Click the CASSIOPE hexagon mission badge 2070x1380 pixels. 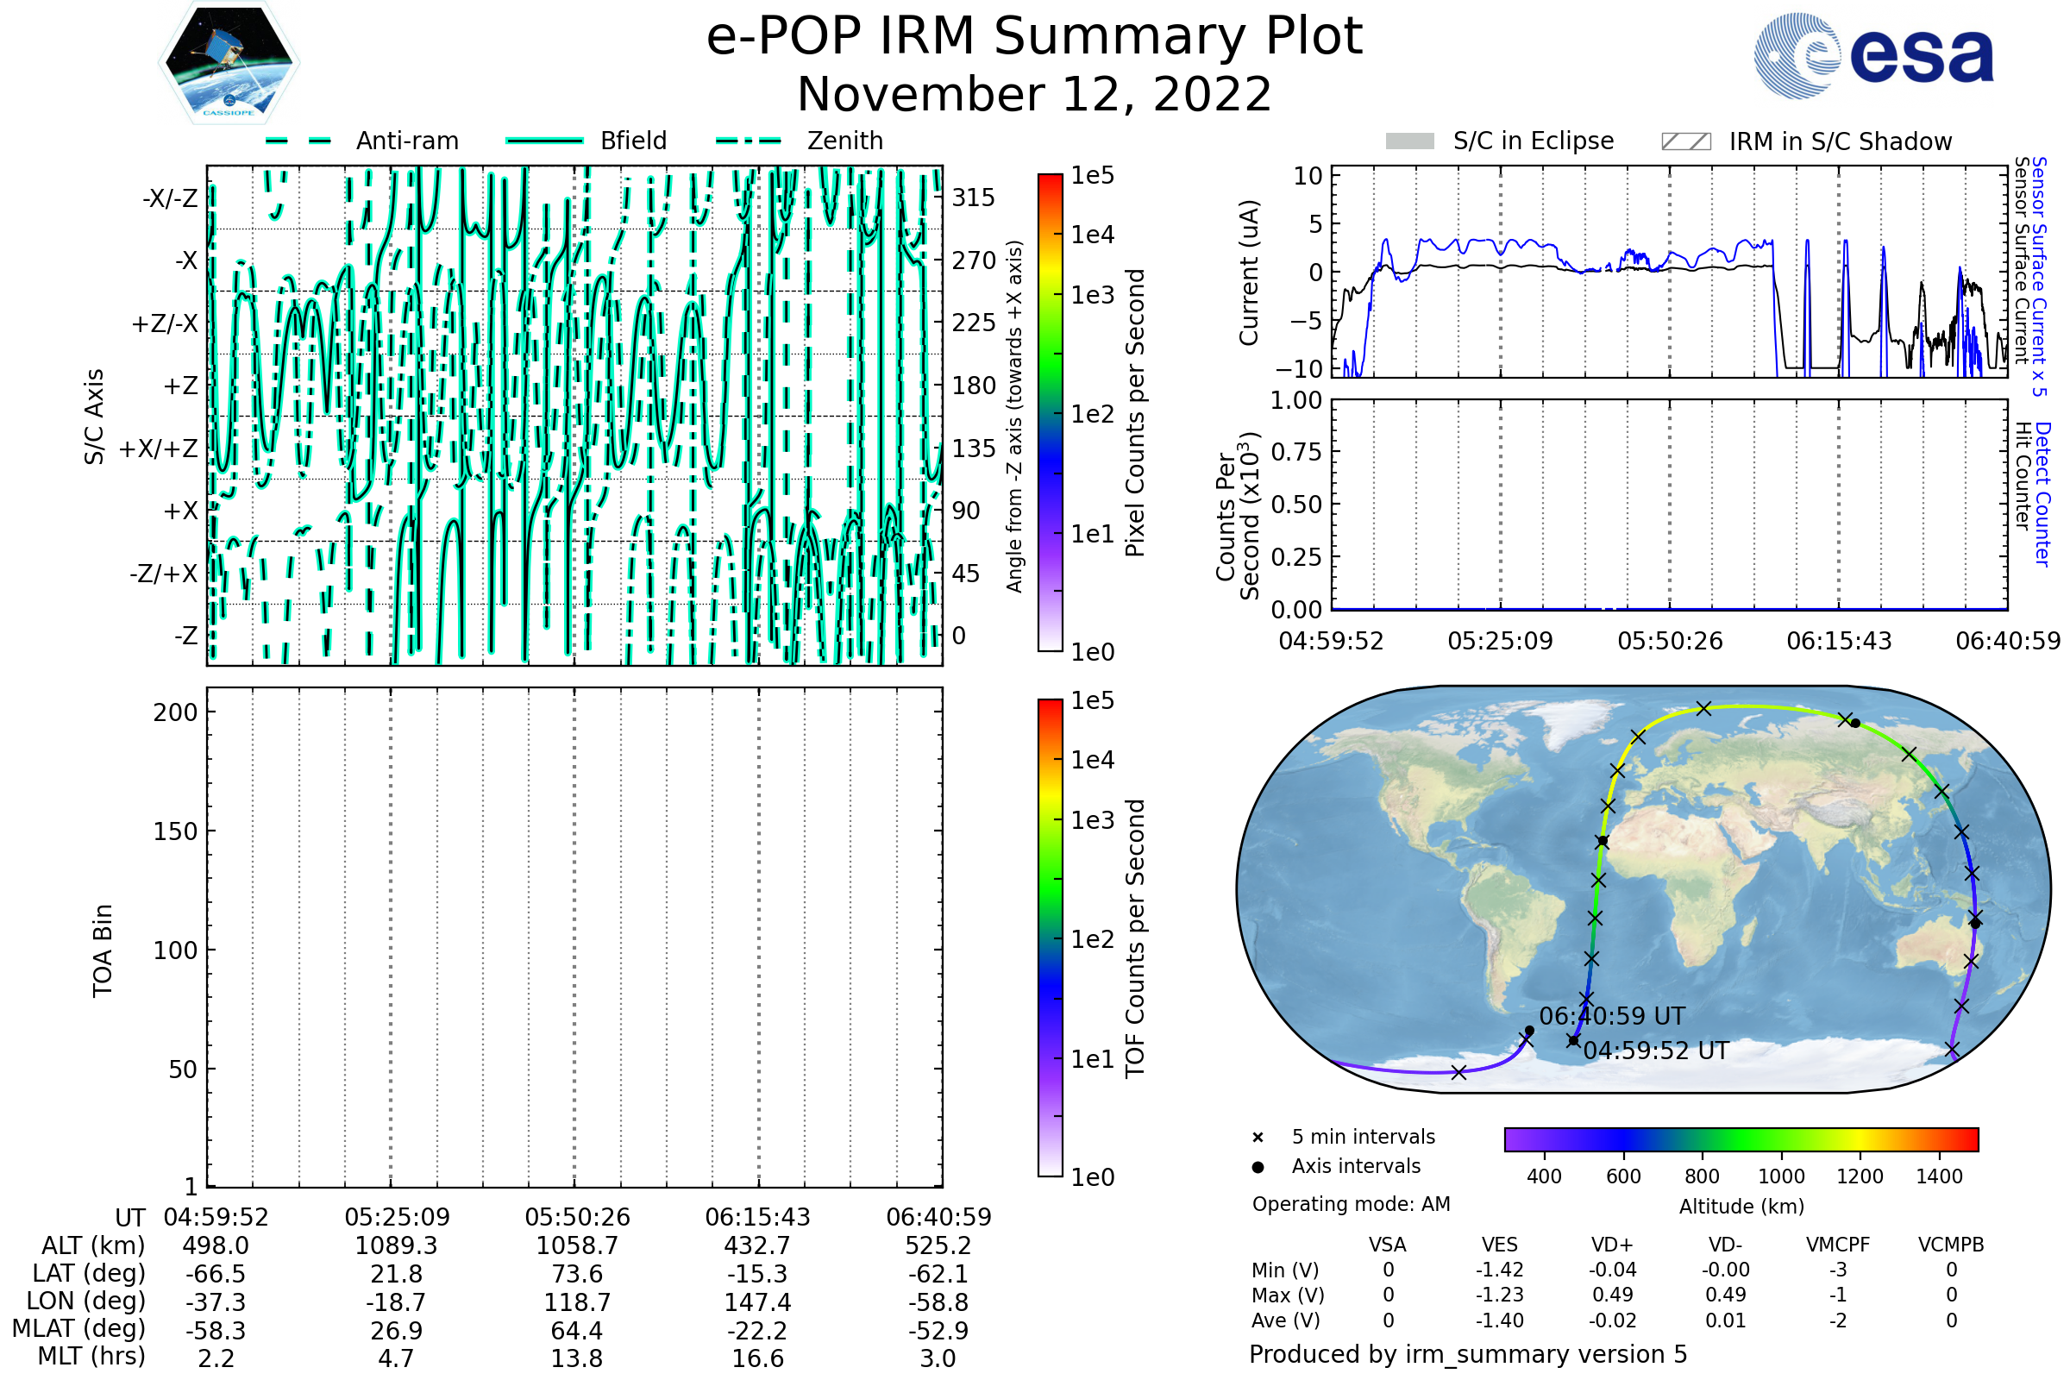pos(229,62)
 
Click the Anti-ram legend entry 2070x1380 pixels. pos(406,141)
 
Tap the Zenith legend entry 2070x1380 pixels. pos(844,141)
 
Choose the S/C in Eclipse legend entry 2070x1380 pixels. pos(1533,141)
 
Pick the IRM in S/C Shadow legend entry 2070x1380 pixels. pos(1840,141)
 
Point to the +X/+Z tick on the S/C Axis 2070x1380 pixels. pos(159,448)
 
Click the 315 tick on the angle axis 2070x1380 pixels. pos(973,198)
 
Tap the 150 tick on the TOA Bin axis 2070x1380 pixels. pos(175,831)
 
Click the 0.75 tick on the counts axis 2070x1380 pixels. pos(1296,452)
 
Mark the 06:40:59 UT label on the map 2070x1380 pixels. pos(1611,1017)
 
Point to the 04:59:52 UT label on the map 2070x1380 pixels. pos(1655,1051)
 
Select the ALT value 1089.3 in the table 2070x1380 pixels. pos(396,1245)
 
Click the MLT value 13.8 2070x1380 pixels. pos(576,1358)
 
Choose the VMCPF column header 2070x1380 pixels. pos(1838,1245)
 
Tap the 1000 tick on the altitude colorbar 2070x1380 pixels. pos(1780,1176)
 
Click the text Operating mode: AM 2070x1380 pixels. pos(1351,1204)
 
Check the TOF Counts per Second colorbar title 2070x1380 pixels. pos(1135,938)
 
